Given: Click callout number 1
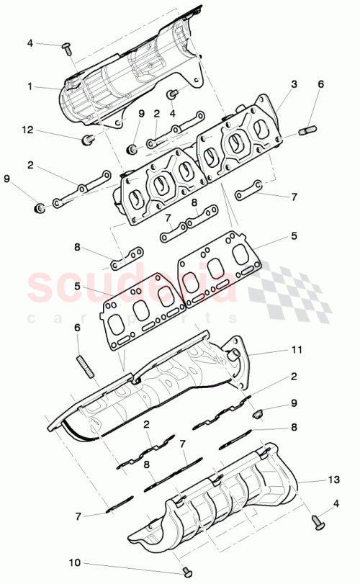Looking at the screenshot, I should coord(30,86).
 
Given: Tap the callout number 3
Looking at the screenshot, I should coord(294,84).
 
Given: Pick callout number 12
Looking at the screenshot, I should coord(27,130).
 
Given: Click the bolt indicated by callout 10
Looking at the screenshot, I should coord(188,571).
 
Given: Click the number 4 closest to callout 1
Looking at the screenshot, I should coord(30,43).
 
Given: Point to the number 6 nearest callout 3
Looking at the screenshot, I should coord(321,84).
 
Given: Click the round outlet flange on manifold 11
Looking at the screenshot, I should coord(235,354).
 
